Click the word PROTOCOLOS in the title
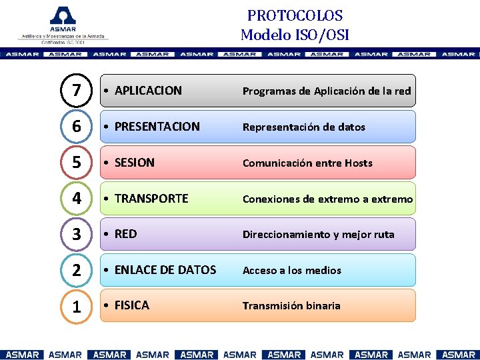click(x=295, y=15)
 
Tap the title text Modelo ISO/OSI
click(x=295, y=35)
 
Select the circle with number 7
click(x=77, y=91)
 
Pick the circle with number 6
click(x=77, y=127)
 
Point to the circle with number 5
click(x=77, y=163)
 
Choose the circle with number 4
click(x=77, y=199)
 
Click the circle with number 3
click(x=77, y=235)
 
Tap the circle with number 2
click(x=77, y=271)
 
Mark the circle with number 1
click(x=77, y=307)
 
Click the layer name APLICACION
click(x=148, y=91)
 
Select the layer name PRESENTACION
click(x=157, y=127)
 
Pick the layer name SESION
click(x=134, y=163)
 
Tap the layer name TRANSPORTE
click(x=151, y=199)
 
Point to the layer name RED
click(x=125, y=234)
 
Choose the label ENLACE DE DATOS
click(x=165, y=270)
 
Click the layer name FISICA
click(x=131, y=305)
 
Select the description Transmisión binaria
click(x=291, y=306)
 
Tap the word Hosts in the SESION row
click(x=358, y=163)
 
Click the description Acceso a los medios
click(x=291, y=271)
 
